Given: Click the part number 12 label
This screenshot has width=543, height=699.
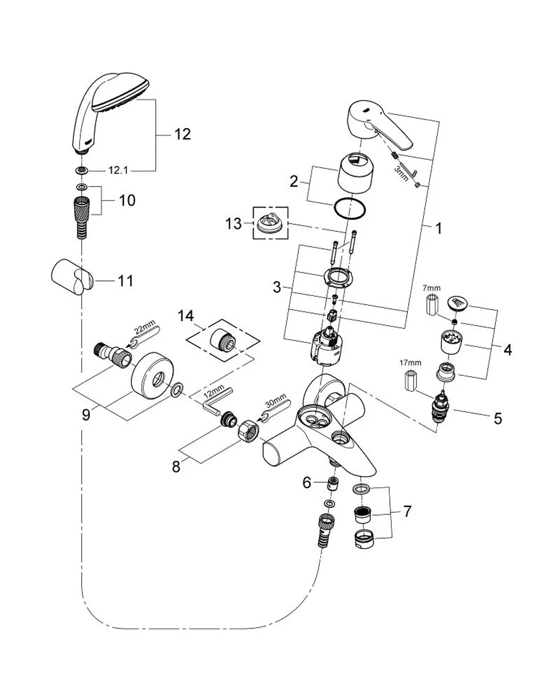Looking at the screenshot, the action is pos(182,134).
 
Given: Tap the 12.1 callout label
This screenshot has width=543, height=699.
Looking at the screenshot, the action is pos(118,170).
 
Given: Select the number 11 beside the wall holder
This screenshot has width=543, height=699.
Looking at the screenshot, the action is pos(125,281).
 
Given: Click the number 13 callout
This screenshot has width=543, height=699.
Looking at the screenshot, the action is pos(233,223).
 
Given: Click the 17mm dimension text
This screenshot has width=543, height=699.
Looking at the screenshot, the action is pos(410,363).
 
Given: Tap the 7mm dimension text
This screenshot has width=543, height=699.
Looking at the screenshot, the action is pos(432,287).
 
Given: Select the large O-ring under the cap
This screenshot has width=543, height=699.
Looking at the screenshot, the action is pos(350,210).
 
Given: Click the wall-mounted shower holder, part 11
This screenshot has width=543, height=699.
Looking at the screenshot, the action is pos(73,278).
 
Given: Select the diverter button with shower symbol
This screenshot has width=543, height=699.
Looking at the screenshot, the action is pos(458,303).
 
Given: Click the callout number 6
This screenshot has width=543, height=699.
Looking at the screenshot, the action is pos(307,482).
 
